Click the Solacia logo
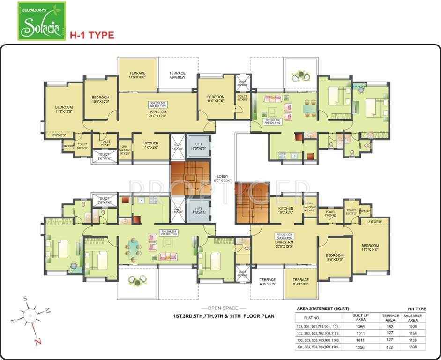(x=42, y=21)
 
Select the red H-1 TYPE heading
(x=92, y=35)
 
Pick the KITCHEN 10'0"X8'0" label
(x=285, y=210)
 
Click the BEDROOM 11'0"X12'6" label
(x=216, y=99)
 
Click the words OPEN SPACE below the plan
(x=220, y=308)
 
